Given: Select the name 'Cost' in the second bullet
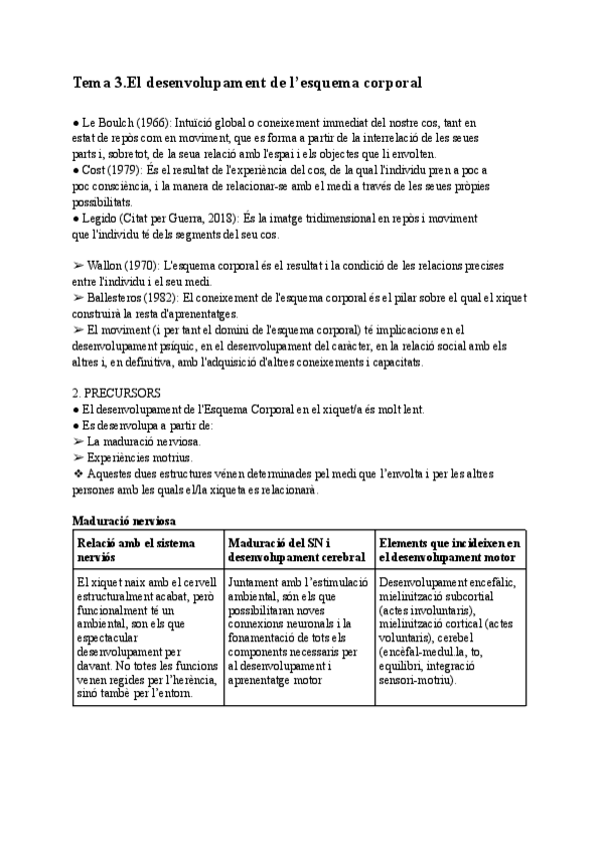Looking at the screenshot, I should click(x=97, y=171).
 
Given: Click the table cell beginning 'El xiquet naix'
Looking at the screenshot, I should click(x=146, y=636).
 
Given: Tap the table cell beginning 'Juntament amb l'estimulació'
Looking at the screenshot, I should click(x=297, y=630).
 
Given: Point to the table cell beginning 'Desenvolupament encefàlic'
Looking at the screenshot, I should click(x=449, y=630).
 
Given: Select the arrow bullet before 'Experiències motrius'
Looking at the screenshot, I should click(x=79, y=456).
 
